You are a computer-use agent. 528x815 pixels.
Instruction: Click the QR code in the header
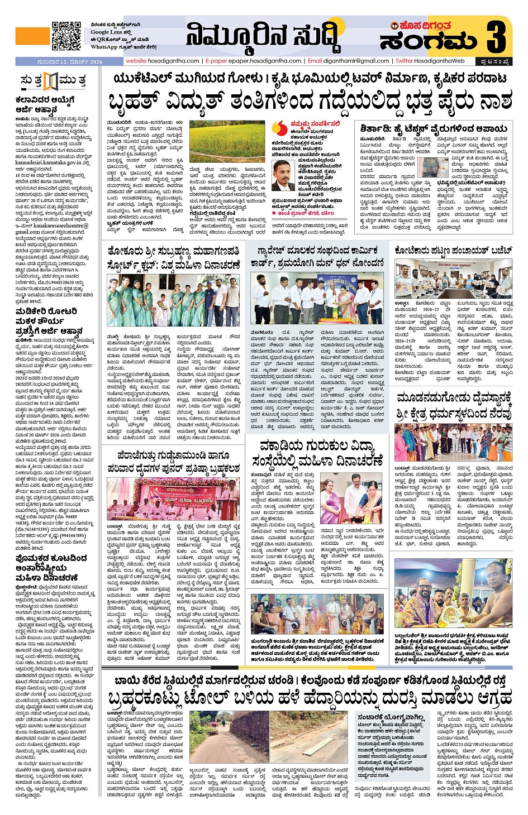pos(66,36)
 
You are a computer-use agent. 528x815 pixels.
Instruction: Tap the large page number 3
pos(496,36)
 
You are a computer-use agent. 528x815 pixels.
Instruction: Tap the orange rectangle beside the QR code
pos(32,36)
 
